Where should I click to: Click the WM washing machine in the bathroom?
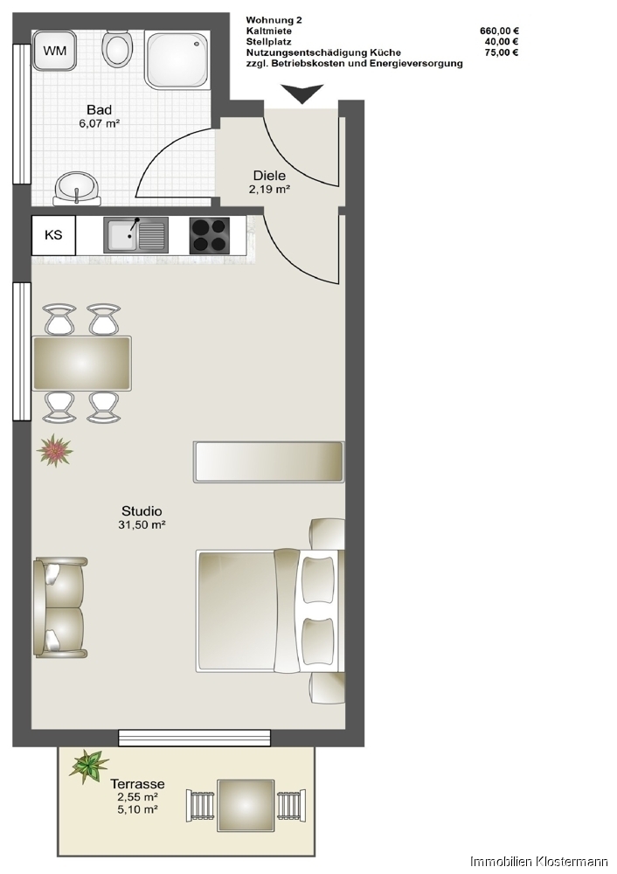(x=53, y=52)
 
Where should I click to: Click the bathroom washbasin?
(x=77, y=186)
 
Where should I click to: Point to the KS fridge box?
(x=53, y=235)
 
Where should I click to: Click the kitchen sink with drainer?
(x=135, y=235)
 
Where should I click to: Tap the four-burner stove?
(x=210, y=236)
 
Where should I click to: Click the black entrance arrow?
(x=302, y=94)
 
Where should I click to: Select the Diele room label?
(x=269, y=175)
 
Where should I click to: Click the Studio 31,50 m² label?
(x=142, y=517)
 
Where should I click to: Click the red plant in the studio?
(x=55, y=452)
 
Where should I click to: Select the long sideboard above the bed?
(x=268, y=461)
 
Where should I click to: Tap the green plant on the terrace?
(x=88, y=766)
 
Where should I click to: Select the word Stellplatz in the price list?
(x=269, y=41)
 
